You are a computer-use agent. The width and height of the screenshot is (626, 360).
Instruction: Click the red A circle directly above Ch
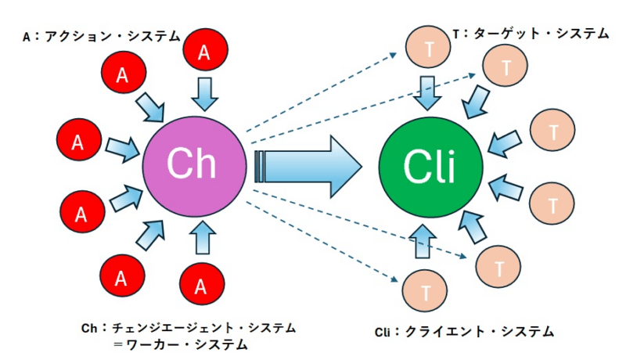point(204,52)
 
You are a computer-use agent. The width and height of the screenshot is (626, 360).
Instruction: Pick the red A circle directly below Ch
point(201,287)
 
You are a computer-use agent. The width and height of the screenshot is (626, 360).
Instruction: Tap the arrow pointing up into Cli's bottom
point(423,242)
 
